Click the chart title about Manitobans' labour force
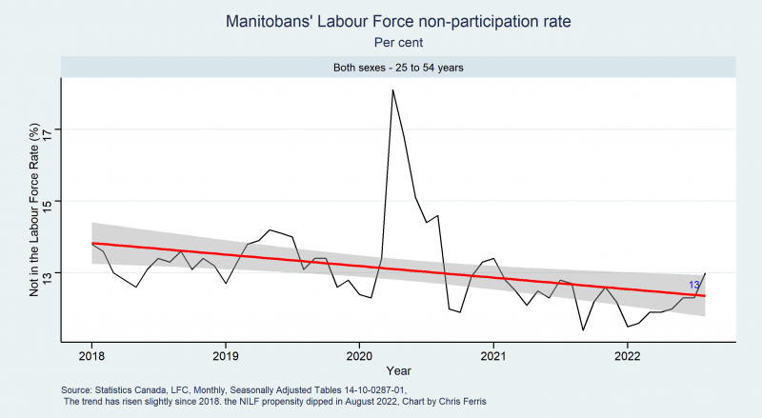click(x=398, y=21)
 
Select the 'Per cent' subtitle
click(x=398, y=43)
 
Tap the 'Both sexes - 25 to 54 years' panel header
click(x=398, y=68)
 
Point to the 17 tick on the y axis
click(x=48, y=129)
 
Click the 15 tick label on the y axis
click(x=48, y=201)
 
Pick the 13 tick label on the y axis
click(x=48, y=272)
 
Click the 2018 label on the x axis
click(x=91, y=356)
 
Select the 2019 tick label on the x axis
click(x=226, y=356)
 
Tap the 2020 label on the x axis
click(x=359, y=356)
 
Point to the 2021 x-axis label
click(x=493, y=356)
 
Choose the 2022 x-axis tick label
click(x=628, y=356)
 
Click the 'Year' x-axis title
click(x=398, y=370)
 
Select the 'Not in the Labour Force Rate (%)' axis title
click(x=33, y=210)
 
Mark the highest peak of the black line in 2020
click(x=392, y=90)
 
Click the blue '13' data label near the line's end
click(x=694, y=286)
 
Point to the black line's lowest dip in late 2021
click(x=583, y=330)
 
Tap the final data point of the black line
click(x=705, y=273)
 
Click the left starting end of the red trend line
click(x=91, y=243)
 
